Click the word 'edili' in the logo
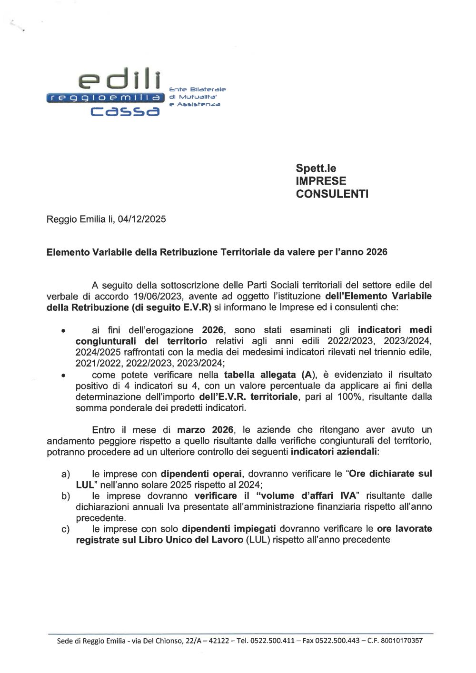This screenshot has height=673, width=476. point(119,79)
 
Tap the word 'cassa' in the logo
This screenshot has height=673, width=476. point(125,111)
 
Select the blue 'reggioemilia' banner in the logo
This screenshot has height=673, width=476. point(105,98)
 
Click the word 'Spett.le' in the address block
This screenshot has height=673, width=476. point(316,168)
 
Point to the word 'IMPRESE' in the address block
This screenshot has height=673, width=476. point(321,181)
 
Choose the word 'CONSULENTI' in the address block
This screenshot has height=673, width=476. point(332,194)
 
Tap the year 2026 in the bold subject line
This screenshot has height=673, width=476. point(377,252)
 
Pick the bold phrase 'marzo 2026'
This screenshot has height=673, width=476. point(205,430)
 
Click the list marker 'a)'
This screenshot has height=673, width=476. point(66,475)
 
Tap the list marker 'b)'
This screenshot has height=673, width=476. point(66,496)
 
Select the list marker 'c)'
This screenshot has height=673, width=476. point(66,529)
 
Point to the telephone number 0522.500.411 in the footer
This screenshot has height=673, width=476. point(272,641)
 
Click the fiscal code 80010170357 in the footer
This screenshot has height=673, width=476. point(402,641)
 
